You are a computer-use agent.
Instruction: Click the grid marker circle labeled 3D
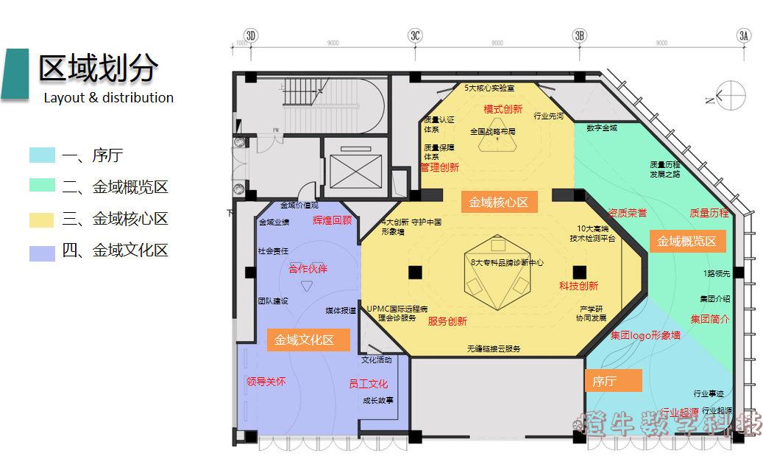251,35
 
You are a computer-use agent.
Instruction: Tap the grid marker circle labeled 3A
744,35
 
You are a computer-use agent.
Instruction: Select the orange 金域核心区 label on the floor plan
499,202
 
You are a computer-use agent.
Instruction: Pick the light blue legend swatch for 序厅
42,155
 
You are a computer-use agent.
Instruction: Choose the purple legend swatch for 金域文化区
42,251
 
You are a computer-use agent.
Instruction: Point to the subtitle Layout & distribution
108,97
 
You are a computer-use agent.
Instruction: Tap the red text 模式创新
503,109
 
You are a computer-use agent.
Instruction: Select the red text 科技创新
578,286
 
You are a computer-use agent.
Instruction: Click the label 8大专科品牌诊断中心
507,262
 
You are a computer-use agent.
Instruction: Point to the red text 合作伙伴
308,269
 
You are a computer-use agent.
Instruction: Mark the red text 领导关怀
266,382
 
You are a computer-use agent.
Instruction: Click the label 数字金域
602,128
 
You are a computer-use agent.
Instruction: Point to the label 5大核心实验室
489,88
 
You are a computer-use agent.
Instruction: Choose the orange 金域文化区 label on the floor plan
304,340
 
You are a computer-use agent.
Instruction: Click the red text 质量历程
709,213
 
